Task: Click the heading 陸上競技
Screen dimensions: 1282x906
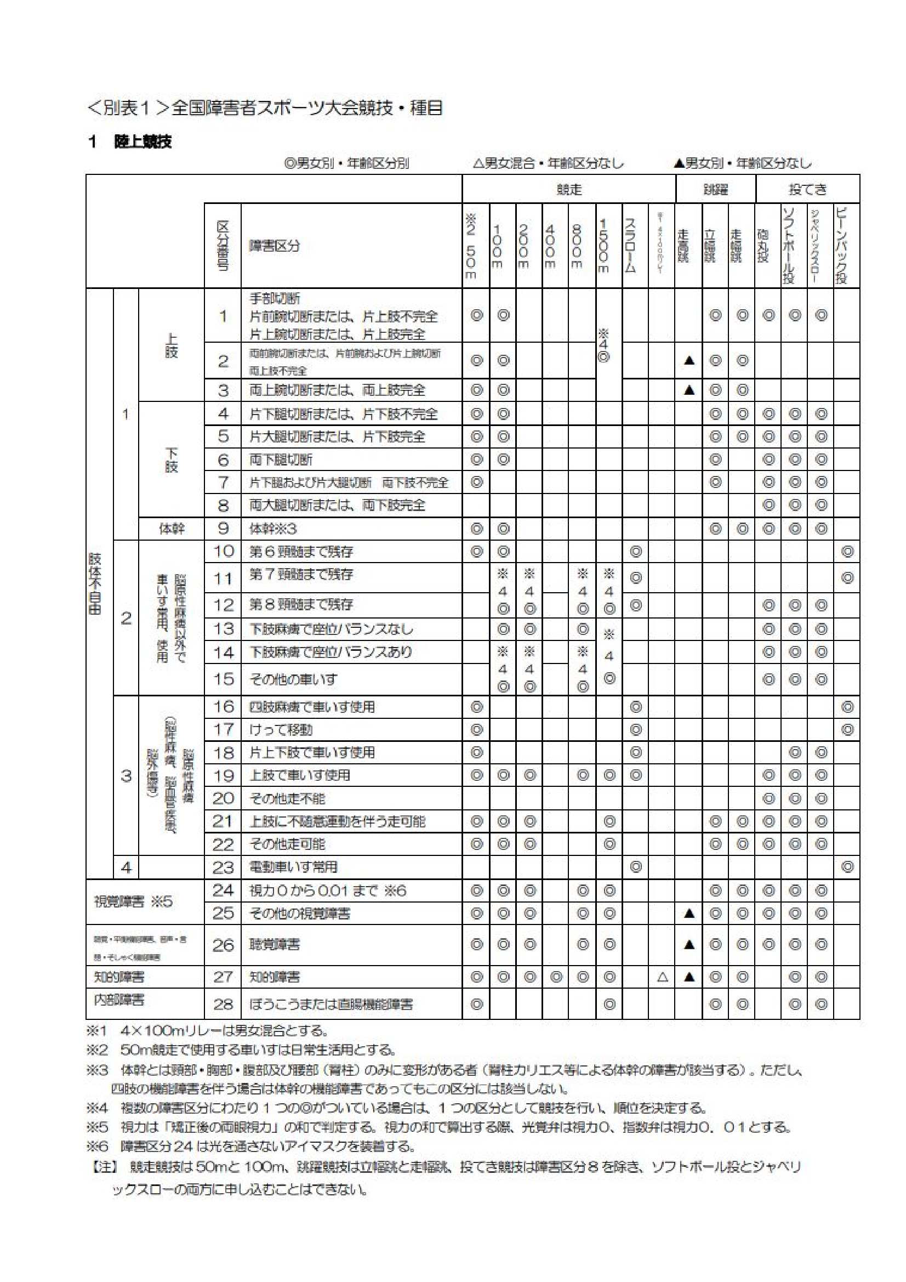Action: coord(143,142)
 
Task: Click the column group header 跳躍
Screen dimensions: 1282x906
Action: coord(715,190)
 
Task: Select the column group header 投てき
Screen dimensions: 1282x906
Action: coord(807,190)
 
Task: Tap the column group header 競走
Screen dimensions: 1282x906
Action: coord(569,190)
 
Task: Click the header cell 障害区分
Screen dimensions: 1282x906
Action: coord(274,246)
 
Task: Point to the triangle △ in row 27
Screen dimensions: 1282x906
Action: coord(662,977)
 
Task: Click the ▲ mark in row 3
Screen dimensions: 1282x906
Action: coord(689,390)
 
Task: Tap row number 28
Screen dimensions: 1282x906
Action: coord(223,1005)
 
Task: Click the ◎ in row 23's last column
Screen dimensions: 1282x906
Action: coord(847,867)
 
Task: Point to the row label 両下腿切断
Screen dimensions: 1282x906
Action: coord(281,460)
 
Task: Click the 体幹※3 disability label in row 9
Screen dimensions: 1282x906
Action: coord(273,528)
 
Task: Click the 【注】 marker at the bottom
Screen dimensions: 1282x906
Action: coord(103,1167)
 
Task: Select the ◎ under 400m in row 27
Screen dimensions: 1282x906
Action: coord(555,977)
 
